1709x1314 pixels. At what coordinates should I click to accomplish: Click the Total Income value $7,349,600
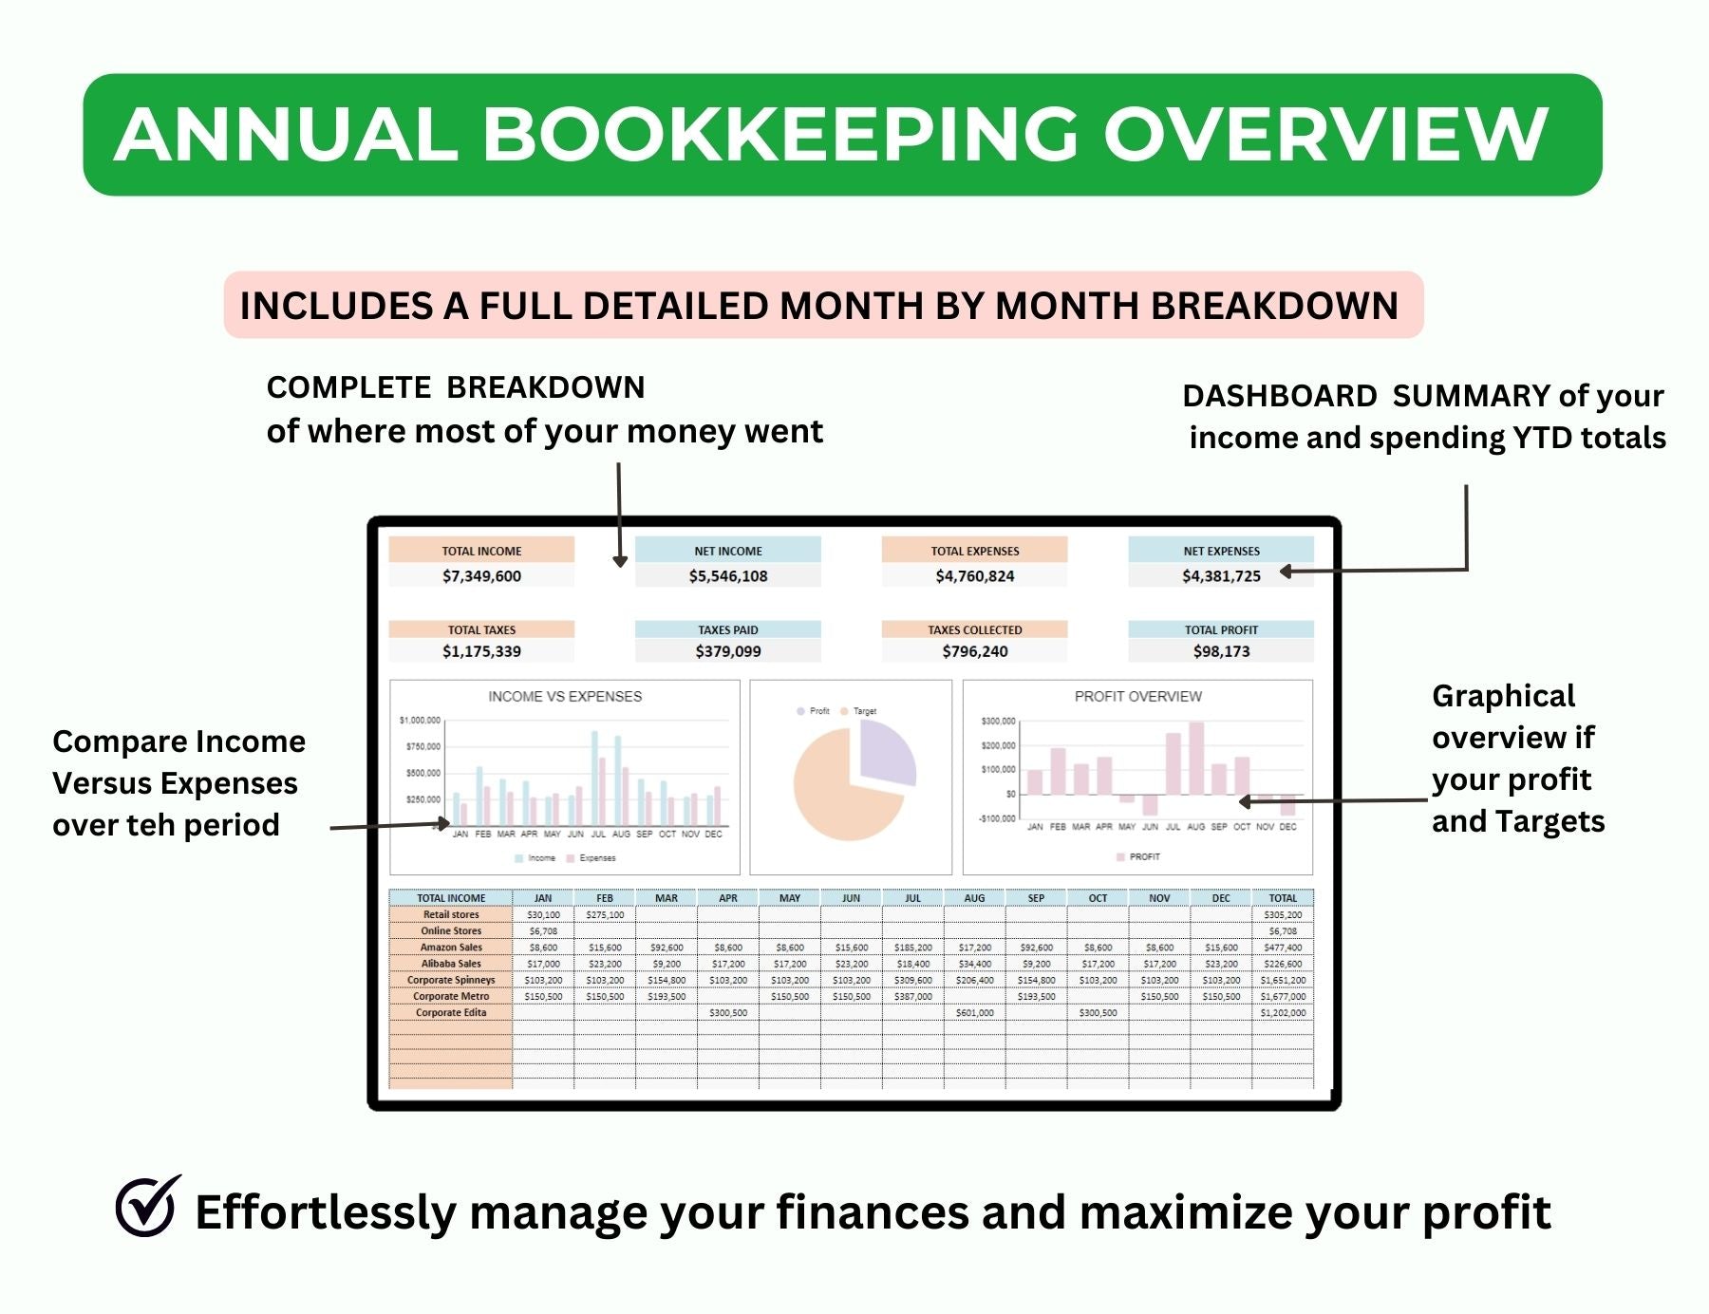pos(481,576)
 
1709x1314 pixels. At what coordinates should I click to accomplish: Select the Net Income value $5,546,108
pos(728,576)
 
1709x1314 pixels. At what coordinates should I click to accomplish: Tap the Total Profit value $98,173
pos(1221,651)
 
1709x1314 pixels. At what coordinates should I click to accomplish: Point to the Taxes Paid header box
pos(728,629)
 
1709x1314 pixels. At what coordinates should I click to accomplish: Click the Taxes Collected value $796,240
pos(975,651)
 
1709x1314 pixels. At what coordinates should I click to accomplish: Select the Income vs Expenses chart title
pos(565,697)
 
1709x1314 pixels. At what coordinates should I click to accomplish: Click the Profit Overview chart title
pos(1137,697)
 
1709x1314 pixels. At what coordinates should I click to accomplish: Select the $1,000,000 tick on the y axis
pos(420,721)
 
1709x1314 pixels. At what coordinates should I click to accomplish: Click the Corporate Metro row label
pos(451,997)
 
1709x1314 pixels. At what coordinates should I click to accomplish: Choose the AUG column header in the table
pos(974,898)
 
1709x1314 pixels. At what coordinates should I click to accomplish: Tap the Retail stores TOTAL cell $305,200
pos(1283,915)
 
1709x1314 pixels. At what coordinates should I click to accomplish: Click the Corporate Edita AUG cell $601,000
pos(974,1013)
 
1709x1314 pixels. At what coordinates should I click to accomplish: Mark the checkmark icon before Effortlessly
pos(148,1207)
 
